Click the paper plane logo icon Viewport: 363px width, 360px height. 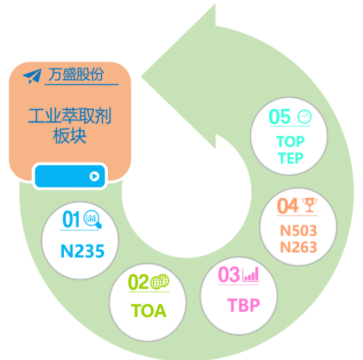coord(33,75)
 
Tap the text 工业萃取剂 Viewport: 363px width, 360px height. coord(70,116)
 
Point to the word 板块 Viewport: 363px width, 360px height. coord(70,136)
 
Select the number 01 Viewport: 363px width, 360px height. coord(71,220)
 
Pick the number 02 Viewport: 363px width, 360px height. coord(139,283)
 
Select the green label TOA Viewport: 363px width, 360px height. coord(148,311)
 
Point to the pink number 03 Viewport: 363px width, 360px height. coord(229,275)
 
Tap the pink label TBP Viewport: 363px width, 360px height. coord(243,305)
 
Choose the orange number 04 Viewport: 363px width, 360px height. coord(288,206)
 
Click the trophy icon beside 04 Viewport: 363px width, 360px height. coord(308,205)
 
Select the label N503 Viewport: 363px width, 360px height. coord(299,230)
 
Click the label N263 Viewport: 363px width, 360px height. coord(299,246)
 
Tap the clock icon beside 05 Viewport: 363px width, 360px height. coord(304,116)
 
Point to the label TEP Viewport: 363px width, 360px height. coord(290,158)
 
